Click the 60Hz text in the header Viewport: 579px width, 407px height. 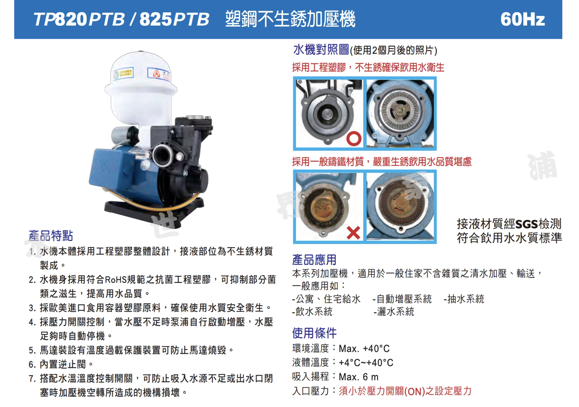[x=522, y=19]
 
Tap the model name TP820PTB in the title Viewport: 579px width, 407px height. [x=79, y=20]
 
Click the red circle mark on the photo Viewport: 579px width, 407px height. [x=354, y=139]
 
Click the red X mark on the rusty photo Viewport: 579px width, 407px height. [x=353, y=233]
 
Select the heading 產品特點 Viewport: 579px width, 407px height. [x=51, y=236]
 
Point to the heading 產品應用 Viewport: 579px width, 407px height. [x=314, y=260]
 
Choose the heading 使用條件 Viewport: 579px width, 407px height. [x=314, y=333]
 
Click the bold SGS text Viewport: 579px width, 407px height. [x=526, y=224]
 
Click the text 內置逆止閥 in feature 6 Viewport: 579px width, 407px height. [x=63, y=364]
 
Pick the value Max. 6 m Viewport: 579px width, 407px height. [x=358, y=377]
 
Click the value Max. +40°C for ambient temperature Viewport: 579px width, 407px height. [x=364, y=349]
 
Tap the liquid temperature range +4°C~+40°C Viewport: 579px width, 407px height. [x=366, y=363]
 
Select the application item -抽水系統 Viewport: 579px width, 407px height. [x=464, y=299]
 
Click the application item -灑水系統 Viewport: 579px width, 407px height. [x=394, y=312]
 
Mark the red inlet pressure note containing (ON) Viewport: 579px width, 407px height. [x=405, y=391]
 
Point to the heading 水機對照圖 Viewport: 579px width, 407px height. [x=321, y=50]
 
